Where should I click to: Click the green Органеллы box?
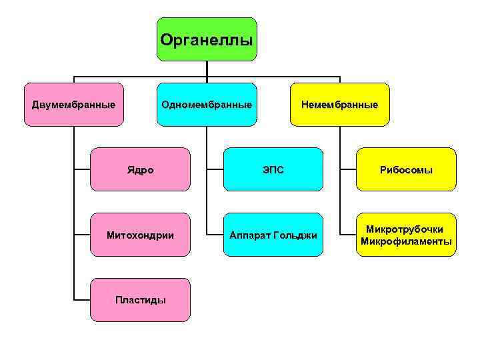[207, 39]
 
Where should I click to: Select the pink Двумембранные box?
[73, 105]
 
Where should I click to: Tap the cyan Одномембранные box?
[207, 105]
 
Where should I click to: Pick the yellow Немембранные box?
[339, 105]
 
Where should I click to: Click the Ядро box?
[140, 170]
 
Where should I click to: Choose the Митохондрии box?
[140, 235]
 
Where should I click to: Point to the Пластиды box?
[140, 300]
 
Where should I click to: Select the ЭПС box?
[273, 170]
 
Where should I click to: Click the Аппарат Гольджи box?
[273, 235]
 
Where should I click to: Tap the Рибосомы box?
[406, 170]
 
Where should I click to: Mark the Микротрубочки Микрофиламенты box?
[406, 235]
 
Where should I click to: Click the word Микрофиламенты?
[406, 241]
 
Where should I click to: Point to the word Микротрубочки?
[406, 229]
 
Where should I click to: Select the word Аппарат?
[250, 236]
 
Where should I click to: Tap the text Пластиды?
[140, 300]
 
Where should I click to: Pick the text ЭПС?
[273, 170]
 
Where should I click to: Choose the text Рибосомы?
[406, 170]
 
